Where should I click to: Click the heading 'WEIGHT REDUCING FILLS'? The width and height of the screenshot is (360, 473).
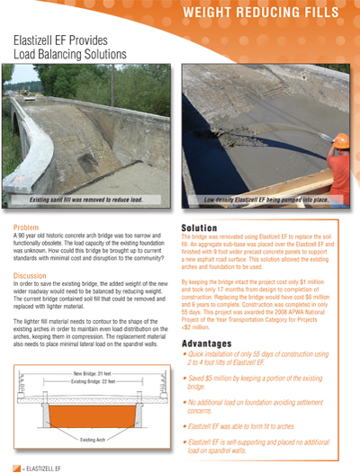pyautogui.click(x=273, y=13)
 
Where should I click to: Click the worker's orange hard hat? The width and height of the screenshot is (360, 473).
pyautogui.click(x=342, y=140)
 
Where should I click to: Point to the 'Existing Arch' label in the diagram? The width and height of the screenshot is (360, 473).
pyautogui.click(x=89, y=440)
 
